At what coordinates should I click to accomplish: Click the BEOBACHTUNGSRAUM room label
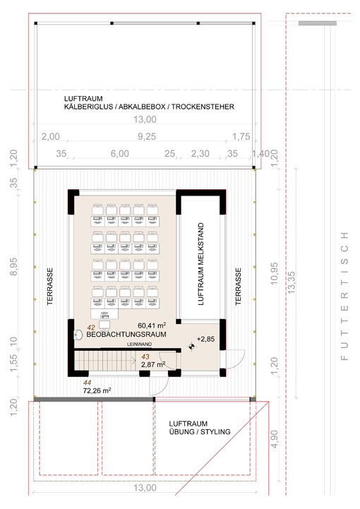[x=126, y=335]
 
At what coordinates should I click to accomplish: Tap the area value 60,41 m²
[x=152, y=325]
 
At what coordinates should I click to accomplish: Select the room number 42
[x=91, y=328]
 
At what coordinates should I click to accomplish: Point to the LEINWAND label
[x=139, y=344]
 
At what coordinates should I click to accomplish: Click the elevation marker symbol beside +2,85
[x=192, y=347]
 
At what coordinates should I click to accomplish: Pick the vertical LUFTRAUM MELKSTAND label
[x=201, y=264]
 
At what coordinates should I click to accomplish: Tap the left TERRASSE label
[x=49, y=287]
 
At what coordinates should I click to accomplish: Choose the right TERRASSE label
[x=239, y=287]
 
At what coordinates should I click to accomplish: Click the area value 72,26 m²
[x=97, y=390]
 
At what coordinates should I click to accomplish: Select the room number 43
[x=145, y=357]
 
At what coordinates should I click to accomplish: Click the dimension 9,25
[x=147, y=136]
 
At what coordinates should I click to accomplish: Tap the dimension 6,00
[x=120, y=153]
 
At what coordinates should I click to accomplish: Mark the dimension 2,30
[x=200, y=153]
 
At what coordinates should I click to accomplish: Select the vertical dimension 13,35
[x=292, y=283]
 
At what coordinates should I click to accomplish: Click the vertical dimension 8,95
[x=13, y=267]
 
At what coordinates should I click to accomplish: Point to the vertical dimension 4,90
[x=275, y=439]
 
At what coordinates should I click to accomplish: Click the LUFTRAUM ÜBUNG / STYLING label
[x=200, y=428]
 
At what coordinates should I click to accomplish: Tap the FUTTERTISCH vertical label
[x=344, y=296]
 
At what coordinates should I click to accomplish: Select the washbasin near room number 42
[x=78, y=335]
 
